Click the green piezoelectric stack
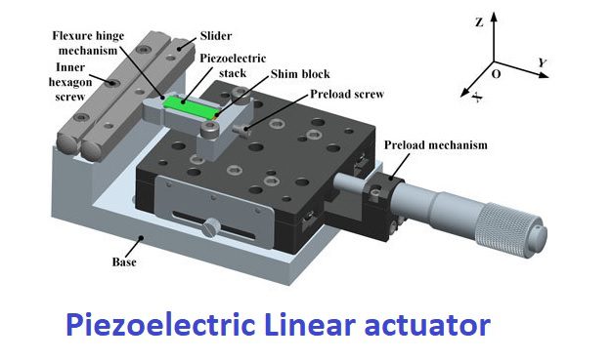coord(190,106)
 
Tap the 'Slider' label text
coord(216,36)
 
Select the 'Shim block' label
coord(300,74)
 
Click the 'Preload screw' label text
coord(347,95)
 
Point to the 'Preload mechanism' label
coord(436,144)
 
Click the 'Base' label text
coord(124,262)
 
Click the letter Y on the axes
coord(543,62)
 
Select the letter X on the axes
coord(477,97)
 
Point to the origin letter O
coord(496,74)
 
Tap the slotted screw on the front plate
coord(210,227)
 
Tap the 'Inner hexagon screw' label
coord(70,82)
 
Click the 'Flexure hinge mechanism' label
coord(88,43)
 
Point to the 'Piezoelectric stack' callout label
coord(233,65)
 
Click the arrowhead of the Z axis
coord(494,17)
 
